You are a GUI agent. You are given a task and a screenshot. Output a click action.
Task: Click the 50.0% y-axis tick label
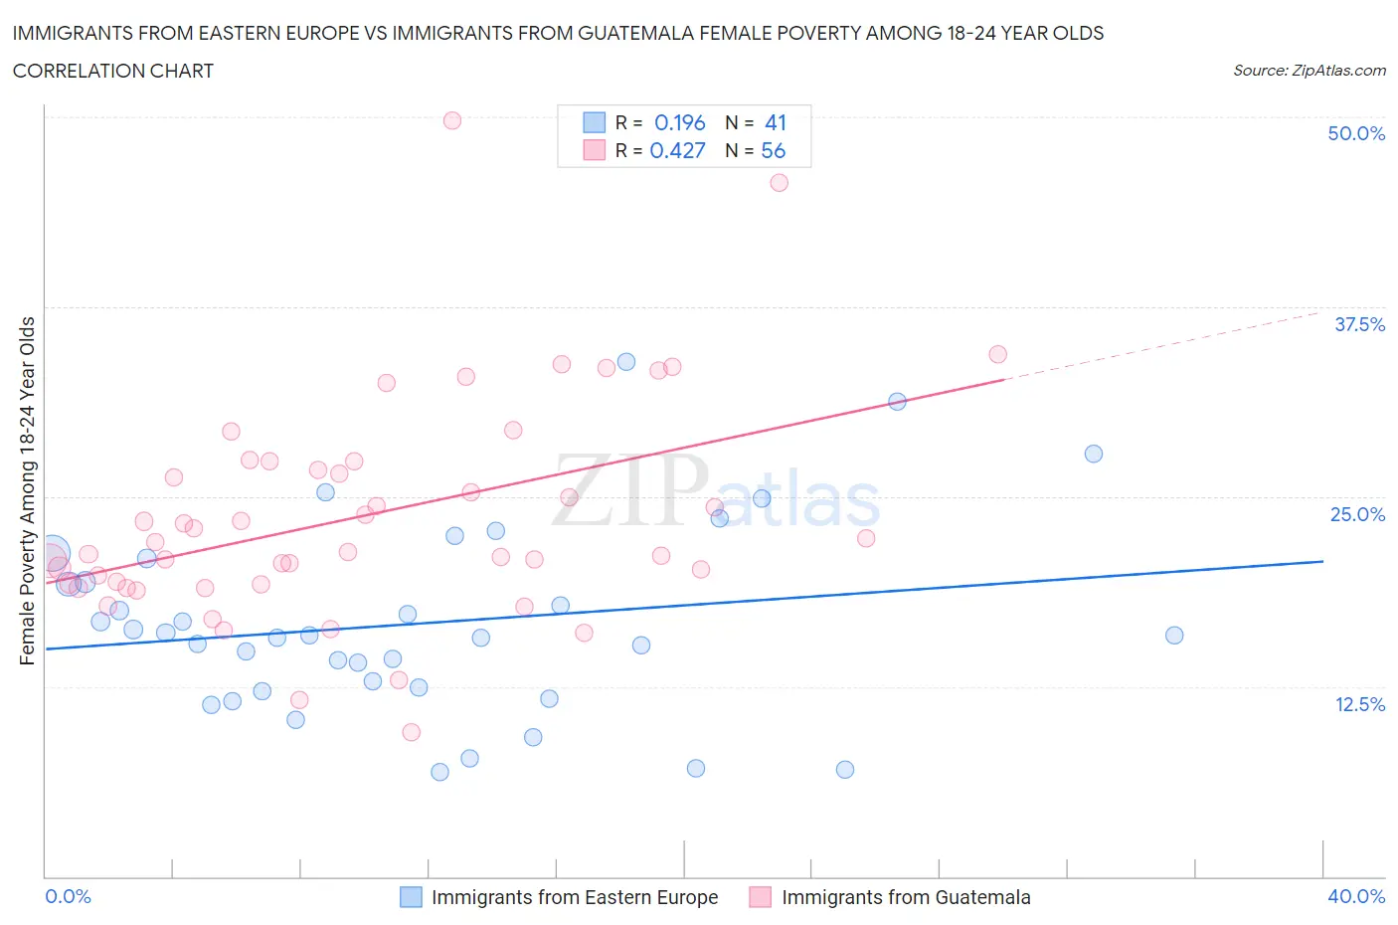coord(1356,133)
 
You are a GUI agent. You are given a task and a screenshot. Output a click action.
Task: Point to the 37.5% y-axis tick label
coord(1359,324)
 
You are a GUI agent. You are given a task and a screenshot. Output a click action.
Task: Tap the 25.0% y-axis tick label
coord(1357,514)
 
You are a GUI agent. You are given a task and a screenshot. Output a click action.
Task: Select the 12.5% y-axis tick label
coord(1359,704)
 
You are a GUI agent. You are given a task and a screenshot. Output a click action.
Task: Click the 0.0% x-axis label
coord(68,896)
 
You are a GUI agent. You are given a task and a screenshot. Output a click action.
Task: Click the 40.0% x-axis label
coord(1356,896)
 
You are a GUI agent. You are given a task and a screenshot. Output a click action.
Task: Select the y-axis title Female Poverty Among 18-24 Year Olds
coord(27,490)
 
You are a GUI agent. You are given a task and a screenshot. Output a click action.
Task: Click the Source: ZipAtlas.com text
coord(1309,71)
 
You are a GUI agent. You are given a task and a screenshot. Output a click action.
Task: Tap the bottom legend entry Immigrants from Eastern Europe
coord(574,897)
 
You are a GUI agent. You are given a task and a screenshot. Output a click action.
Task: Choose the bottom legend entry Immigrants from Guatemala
coord(905,897)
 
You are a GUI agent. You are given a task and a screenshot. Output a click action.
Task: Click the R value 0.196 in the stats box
coord(679,122)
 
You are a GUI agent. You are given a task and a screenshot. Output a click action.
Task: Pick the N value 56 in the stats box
coord(773,150)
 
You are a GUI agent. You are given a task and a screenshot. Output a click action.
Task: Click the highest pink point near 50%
coord(451,120)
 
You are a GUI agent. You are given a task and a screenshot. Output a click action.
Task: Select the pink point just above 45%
coord(780,182)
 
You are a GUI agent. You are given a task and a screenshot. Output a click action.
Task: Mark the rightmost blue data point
coord(1173,635)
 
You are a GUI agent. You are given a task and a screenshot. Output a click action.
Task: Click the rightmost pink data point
coord(997,354)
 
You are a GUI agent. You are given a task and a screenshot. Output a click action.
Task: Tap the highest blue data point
coord(626,361)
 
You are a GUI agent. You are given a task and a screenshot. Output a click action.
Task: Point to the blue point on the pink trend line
coord(897,402)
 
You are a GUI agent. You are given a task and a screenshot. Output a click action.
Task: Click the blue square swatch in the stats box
coord(594,122)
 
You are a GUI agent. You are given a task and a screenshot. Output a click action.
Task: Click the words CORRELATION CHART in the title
coord(113,71)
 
